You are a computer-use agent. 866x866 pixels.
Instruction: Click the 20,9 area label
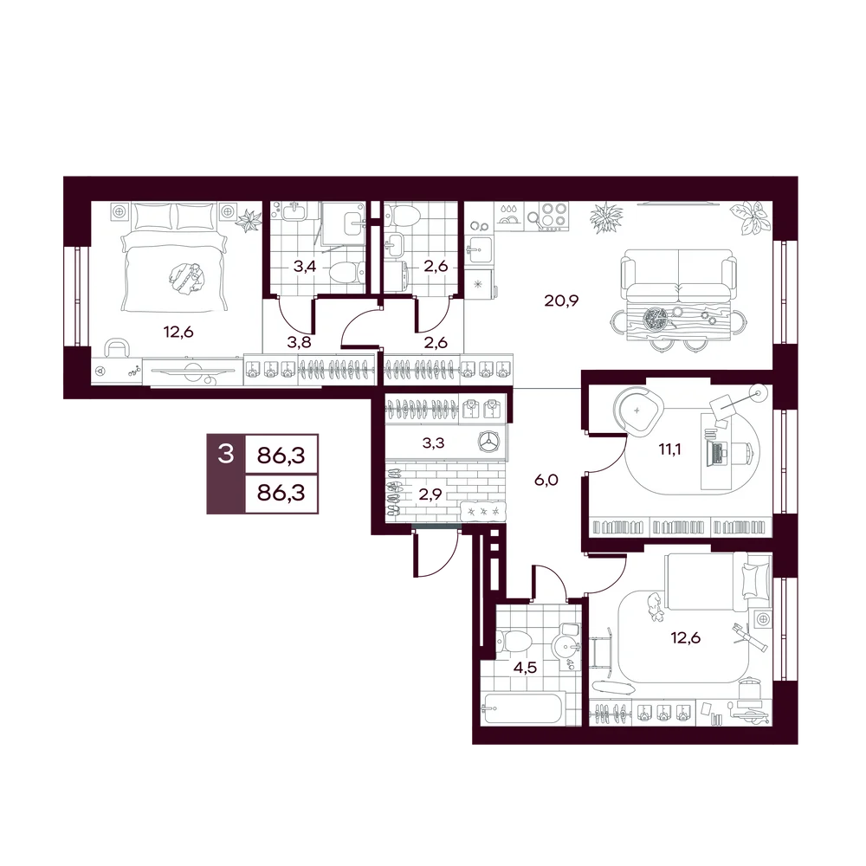click(x=561, y=301)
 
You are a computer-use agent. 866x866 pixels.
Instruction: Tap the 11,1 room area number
click(x=669, y=449)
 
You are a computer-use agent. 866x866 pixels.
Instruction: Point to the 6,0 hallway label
click(x=546, y=481)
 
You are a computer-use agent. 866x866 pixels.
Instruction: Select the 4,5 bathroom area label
click(x=525, y=668)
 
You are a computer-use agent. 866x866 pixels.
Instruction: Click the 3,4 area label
click(x=304, y=267)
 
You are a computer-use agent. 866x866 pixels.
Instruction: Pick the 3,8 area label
click(x=299, y=342)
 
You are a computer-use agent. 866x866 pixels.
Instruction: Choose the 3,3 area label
click(x=433, y=443)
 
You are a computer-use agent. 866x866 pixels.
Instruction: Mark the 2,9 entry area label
click(x=430, y=494)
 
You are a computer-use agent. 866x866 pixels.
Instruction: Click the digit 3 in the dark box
click(x=226, y=455)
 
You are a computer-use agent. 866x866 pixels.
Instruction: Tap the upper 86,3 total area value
click(x=281, y=456)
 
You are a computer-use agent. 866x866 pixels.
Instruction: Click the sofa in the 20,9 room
click(x=678, y=275)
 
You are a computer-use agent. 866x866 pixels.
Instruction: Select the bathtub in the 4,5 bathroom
click(x=522, y=708)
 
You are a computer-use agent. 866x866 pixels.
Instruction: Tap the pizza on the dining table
click(x=656, y=319)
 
